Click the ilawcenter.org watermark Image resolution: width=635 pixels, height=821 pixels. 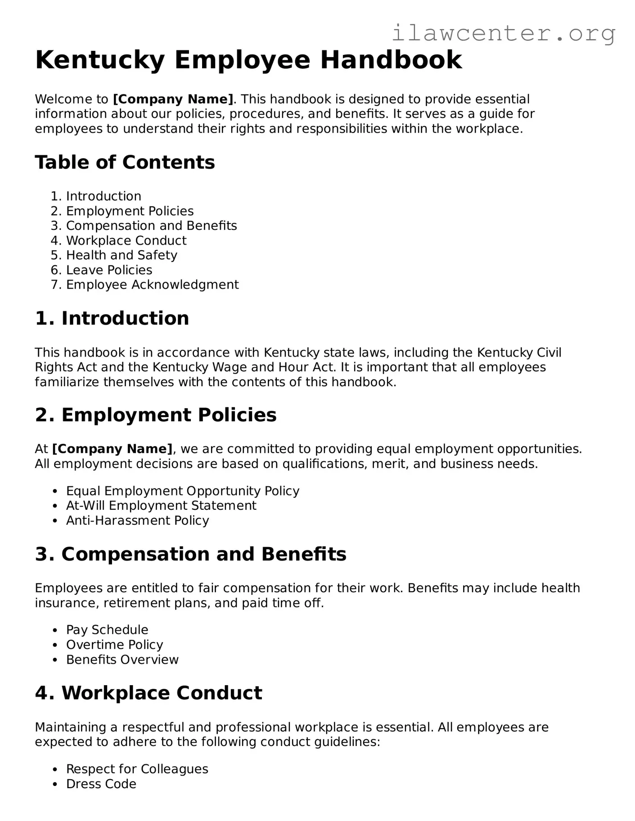point(503,33)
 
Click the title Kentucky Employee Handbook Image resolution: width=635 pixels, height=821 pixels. point(248,60)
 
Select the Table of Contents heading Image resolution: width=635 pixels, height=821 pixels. point(125,162)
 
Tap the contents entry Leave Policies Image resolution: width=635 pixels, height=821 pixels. point(109,270)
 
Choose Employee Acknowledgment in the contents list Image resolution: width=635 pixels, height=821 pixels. point(152,285)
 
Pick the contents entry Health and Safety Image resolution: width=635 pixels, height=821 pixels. point(122,255)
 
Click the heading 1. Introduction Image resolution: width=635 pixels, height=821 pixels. point(112,318)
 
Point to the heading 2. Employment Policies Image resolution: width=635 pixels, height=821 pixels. point(155,415)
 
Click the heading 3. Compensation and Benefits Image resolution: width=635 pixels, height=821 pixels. point(190,554)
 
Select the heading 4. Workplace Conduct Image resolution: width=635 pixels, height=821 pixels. point(148,693)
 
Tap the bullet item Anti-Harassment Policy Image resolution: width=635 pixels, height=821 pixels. point(137,521)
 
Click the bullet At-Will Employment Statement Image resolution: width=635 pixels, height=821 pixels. point(161,506)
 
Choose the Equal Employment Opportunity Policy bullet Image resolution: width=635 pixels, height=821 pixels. point(182,491)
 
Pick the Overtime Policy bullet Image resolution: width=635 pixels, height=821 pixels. point(114,645)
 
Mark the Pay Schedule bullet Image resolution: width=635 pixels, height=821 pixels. point(107,630)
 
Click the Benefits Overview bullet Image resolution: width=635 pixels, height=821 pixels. point(122,660)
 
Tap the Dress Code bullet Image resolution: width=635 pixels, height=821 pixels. point(101,784)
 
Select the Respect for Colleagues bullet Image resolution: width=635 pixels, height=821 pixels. point(137,769)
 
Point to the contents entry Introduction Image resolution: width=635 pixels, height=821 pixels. point(104,196)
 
